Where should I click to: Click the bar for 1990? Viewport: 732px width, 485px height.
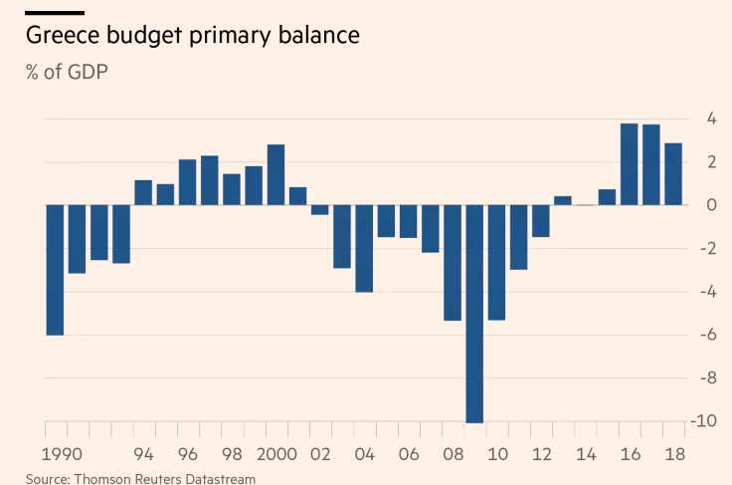(x=55, y=270)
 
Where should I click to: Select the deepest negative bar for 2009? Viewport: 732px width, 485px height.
(x=473, y=314)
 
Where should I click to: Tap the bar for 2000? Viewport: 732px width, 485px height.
(x=275, y=175)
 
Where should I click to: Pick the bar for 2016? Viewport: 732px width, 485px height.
(x=629, y=164)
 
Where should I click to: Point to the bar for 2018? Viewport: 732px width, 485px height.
(x=673, y=174)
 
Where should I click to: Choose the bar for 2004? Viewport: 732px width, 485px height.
(x=364, y=248)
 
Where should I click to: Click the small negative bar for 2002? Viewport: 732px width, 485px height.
(x=320, y=210)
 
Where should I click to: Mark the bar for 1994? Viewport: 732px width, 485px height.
(x=143, y=193)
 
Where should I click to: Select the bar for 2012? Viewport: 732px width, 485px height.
(x=540, y=221)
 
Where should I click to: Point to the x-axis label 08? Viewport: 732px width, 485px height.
(x=453, y=454)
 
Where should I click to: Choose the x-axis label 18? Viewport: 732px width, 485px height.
(x=673, y=454)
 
